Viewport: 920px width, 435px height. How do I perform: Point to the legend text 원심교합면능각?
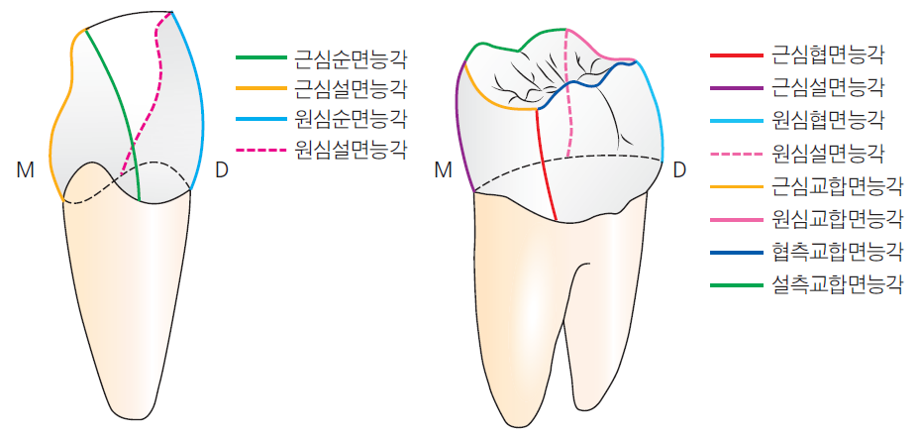pos(837,219)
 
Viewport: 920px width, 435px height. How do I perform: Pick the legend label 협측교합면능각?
pos(837,253)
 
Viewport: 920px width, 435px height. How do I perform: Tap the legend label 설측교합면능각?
pos(837,285)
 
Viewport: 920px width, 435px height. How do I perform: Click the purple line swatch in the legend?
pos(737,88)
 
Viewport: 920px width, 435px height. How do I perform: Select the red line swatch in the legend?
pos(737,55)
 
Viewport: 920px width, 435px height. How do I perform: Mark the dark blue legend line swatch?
pos(737,253)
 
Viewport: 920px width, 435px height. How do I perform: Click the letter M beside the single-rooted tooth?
pos(26,170)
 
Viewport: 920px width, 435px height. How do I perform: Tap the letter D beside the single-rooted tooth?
pos(221,170)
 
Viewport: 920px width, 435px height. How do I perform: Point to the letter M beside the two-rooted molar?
pos(443,170)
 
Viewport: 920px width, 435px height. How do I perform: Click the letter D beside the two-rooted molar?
pos(678,170)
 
